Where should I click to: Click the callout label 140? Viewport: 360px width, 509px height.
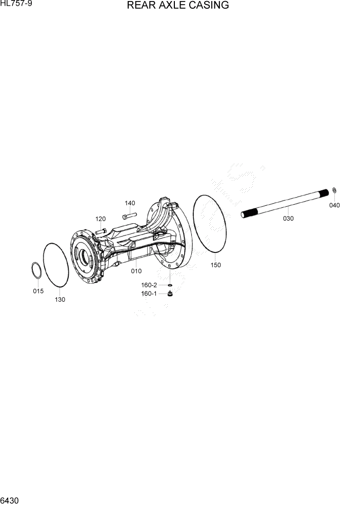(130, 203)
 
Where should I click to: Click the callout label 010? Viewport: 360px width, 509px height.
(136, 270)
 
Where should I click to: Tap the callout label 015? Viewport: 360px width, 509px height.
(38, 291)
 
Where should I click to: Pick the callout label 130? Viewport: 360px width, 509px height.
(60, 300)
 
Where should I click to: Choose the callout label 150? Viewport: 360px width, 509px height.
(215, 265)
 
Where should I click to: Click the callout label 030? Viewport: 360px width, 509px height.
(288, 219)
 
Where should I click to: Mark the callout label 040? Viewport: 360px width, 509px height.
(334, 205)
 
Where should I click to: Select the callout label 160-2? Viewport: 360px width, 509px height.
(149, 285)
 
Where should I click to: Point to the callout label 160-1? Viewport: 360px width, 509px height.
(149, 293)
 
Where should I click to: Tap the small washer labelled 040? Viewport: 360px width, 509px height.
(334, 191)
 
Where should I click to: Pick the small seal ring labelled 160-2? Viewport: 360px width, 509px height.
(169, 285)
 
